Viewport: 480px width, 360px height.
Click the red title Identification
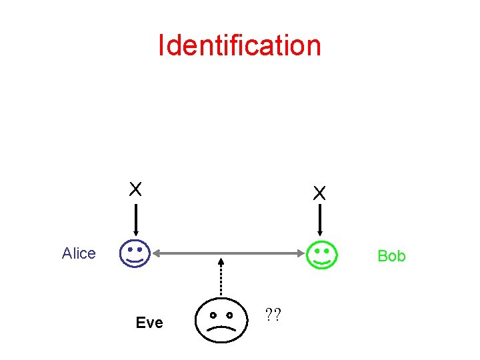tap(239, 45)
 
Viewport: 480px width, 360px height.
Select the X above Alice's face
tap(135, 189)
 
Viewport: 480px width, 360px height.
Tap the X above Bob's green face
tap(320, 193)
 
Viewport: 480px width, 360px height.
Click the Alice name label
tap(79, 253)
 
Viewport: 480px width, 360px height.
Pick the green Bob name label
tap(391, 256)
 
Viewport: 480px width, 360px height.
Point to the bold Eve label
tap(149, 323)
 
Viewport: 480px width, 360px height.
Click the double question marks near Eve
tap(272, 313)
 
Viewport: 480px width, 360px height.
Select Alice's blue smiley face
tap(135, 254)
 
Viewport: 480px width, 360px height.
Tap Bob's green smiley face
tap(321, 255)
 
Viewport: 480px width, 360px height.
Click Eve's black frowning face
tap(221, 319)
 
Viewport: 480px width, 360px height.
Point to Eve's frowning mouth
tap(221, 328)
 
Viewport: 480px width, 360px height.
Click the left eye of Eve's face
tap(211, 314)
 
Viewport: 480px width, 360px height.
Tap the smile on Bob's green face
tap(322, 262)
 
